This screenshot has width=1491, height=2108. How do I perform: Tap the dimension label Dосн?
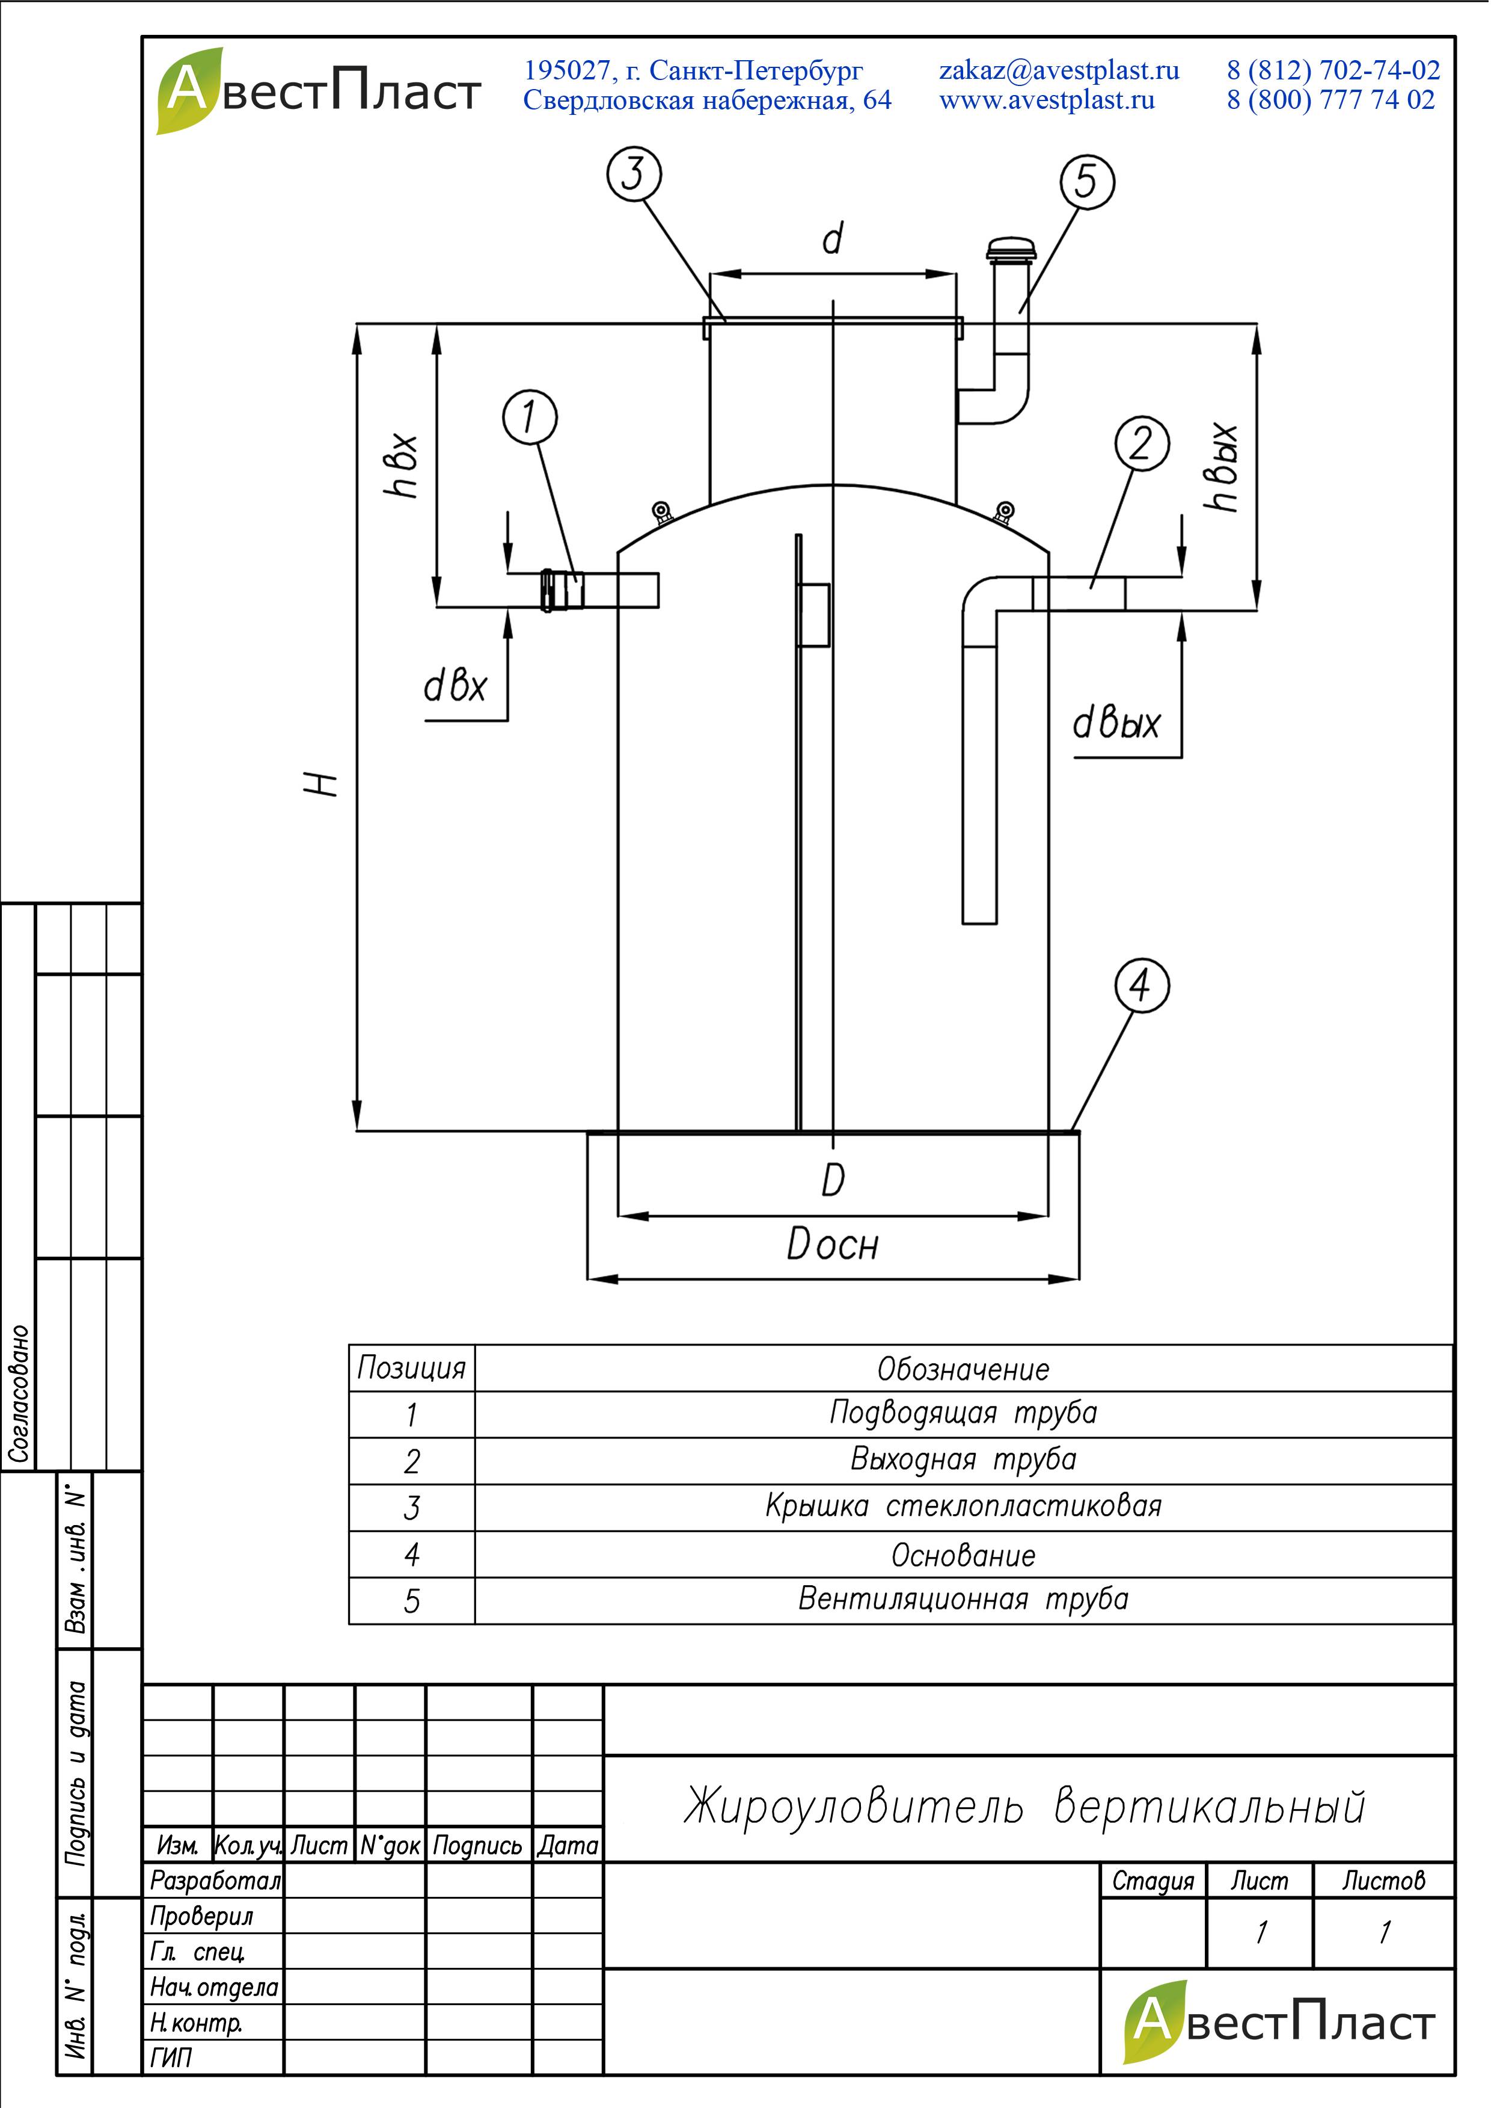833,1245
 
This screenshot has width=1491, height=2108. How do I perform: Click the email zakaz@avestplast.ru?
1059,70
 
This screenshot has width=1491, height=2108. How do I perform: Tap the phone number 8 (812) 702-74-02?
1333,70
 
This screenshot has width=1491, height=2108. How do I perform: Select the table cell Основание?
963,1555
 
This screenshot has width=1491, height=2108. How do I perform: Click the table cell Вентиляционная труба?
963,1599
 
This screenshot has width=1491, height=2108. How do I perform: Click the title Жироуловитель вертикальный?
1024,1806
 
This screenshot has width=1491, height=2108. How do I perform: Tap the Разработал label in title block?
215,1880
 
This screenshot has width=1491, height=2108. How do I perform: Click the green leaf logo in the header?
188,90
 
